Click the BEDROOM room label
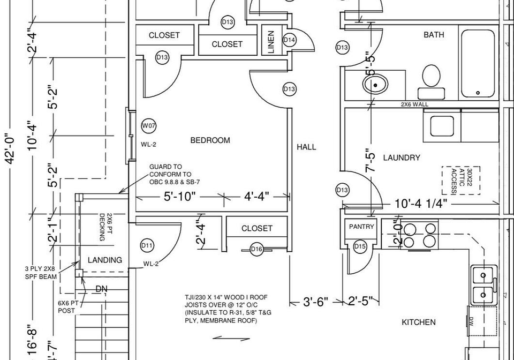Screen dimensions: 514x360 (x=210, y=140)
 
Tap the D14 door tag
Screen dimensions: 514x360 (x=289, y=40)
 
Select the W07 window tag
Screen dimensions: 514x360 (x=148, y=125)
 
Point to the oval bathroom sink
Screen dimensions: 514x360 (x=375, y=84)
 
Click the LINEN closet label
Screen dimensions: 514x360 (x=271, y=42)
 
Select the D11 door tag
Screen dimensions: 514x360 (x=147, y=245)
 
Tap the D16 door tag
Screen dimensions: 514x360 (x=256, y=249)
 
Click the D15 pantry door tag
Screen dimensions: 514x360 (x=360, y=246)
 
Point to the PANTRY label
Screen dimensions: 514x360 (x=361, y=227)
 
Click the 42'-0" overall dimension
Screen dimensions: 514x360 (x=10, y=148)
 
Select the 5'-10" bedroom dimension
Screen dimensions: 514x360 (x=179, y=197)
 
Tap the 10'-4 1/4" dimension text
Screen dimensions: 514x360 (x=421, y=204)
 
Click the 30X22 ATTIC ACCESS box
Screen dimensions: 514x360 (x=461, y=181)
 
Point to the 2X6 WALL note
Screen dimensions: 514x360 (x=414, y=104)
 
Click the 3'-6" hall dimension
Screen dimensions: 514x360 (x=315, y=301)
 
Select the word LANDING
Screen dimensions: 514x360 (x=105, y=260)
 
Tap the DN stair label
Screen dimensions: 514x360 (x=101, y=289)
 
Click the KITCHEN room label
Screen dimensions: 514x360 (x=419, y=322)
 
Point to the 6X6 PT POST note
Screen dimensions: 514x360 (x=68, y=307)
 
